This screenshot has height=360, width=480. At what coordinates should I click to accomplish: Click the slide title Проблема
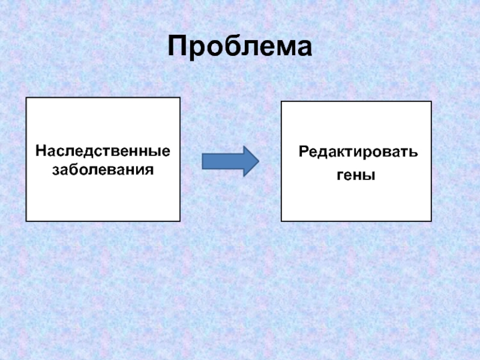pyautogui.click(x=240, y=47)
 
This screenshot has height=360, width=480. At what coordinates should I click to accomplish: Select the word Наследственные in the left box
pyautogui.click(x=103, y=149)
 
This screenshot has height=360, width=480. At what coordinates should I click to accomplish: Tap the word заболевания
pyautogui.click(x=103, y=169)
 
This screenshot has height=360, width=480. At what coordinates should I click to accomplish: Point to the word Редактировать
pyautogui.click(x=359, y=152)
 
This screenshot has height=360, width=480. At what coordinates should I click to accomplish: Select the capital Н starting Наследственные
pyautogui.click(x=40, y=149)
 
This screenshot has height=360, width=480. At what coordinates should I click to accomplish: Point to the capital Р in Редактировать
pyautogui.click(x=304, y=152)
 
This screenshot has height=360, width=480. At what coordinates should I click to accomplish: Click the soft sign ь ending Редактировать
pyautogui.click(x=413, y=153)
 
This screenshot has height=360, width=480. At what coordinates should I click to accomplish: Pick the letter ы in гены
pyautogui.click(x=368, y=176)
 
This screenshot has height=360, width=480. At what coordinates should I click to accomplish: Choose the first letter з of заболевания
pyautogui.click(x=55, y=170)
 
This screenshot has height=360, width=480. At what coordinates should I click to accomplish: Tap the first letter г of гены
pyautogui.click(x=337, y=176)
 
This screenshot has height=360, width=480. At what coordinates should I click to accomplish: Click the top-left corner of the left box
pyautogui.click(x=26, y=98)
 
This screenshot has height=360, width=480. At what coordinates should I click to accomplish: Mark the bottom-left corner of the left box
pyautogui.click(x=26, y=221)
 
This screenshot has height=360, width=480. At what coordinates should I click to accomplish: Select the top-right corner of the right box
pyautogui.click(x=431, y=102)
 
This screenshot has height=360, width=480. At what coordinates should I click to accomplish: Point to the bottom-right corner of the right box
pyautogui.click(x=431, y=220)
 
